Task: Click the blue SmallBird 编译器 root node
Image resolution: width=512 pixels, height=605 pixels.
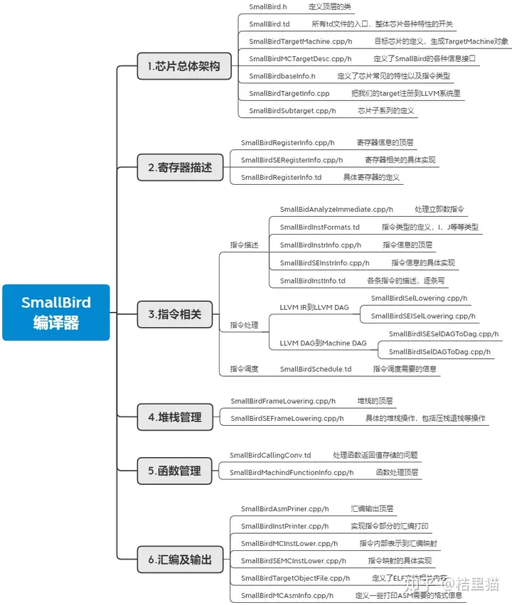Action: [x=56, y=312]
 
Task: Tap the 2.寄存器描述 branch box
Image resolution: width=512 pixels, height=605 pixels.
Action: [x=180, y=168]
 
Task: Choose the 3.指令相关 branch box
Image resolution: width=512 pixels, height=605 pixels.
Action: [x=174, y=314]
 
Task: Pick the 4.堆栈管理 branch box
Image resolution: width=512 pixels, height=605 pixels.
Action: [x=175, y=417]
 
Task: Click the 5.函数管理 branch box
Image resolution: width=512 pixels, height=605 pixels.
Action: [x=175, y=471]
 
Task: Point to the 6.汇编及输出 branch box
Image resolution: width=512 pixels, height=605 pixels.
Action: [x=180, y=560]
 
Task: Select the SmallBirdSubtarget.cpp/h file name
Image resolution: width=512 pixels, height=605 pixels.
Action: [x=292, y=110]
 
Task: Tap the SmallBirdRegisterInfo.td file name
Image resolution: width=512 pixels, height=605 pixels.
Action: [x=281, y=177]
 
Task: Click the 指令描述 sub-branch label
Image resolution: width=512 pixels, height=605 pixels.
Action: [x=244, y=245]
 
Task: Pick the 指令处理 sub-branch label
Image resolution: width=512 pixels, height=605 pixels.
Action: [x=244, y=325]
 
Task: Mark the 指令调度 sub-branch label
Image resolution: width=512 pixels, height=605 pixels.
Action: [x=244, y=369]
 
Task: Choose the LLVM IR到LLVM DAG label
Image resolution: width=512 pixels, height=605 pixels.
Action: [x=314, y=307]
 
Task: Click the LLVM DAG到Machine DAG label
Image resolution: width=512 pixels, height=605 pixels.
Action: [x=323, y=343]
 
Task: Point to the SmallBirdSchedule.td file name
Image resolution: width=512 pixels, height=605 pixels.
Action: [x=316, y=369]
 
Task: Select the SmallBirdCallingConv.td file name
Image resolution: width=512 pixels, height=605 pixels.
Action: [x=270, y=455]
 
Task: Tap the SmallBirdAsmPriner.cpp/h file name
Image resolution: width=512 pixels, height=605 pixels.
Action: [x=284, y=508]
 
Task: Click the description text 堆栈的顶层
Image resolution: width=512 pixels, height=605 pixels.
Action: [x=375, y=401]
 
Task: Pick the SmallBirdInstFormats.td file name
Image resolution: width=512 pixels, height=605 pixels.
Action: [x=319, y=227]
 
